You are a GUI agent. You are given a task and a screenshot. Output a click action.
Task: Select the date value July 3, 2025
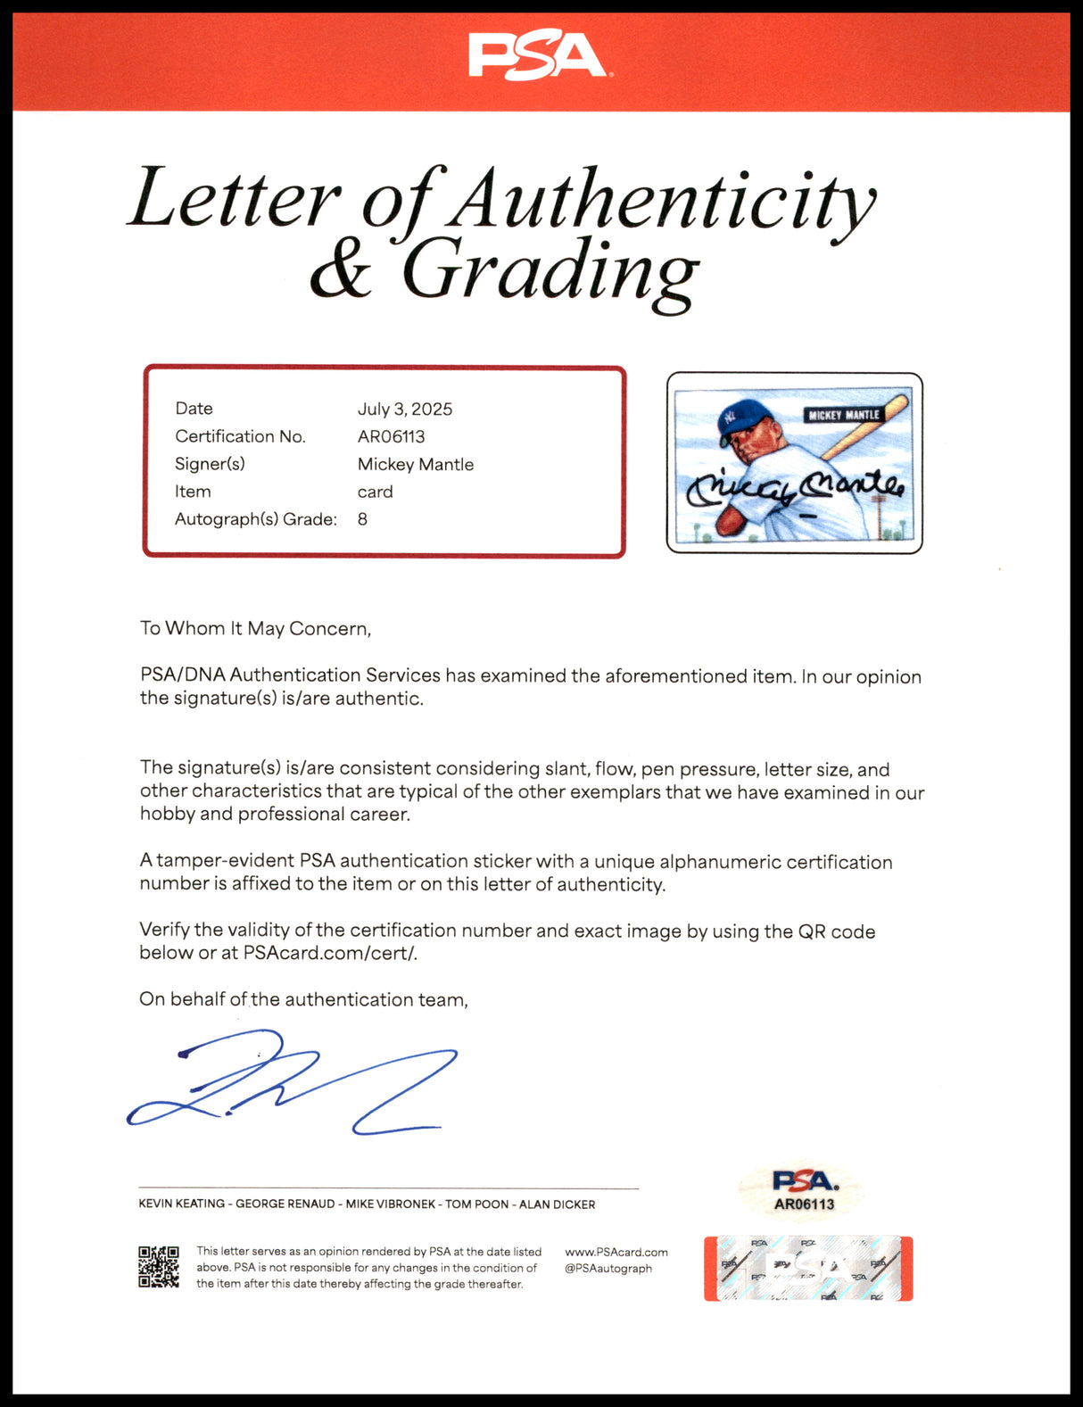point(405,409)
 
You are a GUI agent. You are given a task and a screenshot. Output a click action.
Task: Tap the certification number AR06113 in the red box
point(391,436)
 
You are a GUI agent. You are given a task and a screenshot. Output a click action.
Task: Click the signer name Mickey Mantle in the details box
point(415,464)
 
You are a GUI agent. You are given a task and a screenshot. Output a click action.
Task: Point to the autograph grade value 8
point(362,519)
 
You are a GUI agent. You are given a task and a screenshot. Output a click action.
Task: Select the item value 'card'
point(375,492)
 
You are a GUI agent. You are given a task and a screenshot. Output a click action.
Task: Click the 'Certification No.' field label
point(240,436)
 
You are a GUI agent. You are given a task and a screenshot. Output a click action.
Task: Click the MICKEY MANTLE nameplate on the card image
point(843,415)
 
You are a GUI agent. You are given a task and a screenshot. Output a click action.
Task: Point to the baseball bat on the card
point(865,428)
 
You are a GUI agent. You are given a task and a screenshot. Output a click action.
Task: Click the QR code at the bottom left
point(159,1267)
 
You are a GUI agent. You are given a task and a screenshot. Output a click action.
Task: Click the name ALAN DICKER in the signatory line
point(557,1204)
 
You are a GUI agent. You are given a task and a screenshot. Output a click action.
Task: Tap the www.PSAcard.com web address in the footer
point(616,1252)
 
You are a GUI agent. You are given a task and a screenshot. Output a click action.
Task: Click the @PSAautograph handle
point(608,1268)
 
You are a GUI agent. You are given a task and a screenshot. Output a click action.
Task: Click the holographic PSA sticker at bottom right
point(808,1268)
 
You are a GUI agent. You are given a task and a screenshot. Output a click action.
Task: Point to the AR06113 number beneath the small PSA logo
point(804,1204)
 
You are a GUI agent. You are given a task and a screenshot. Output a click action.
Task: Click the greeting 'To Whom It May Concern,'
point(255,628)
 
